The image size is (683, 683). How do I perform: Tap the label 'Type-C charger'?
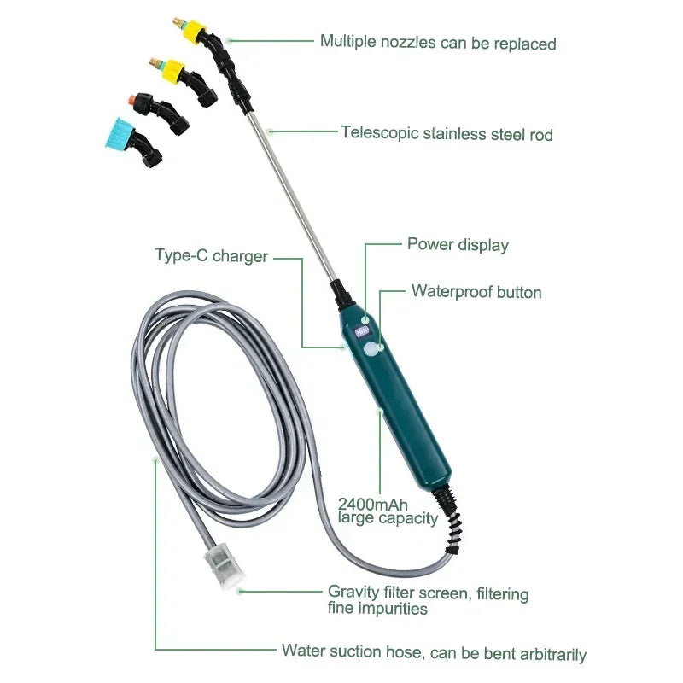click(211, 255)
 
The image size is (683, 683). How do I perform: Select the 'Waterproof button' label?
click(476, 292)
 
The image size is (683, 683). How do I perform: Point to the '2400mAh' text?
click(372, 504)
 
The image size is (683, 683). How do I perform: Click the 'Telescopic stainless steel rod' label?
click(447, 133)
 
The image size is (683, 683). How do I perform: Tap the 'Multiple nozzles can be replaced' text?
click(438, 42)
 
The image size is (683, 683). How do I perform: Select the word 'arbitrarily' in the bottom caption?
click(547, 654)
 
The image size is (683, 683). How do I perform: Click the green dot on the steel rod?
click(269, 131)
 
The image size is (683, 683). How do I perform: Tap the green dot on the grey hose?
click(155, 459)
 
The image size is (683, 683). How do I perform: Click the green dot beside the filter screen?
click(242, 590)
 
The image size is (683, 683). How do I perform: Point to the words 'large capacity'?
click(388, 517)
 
